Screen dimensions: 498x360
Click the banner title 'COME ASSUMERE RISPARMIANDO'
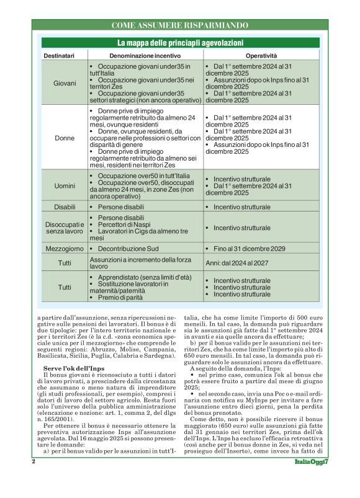tap(180, 25)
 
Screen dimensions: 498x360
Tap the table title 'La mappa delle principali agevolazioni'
tap(180, 43)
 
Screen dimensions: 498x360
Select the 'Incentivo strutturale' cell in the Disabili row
tap(242, 207)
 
